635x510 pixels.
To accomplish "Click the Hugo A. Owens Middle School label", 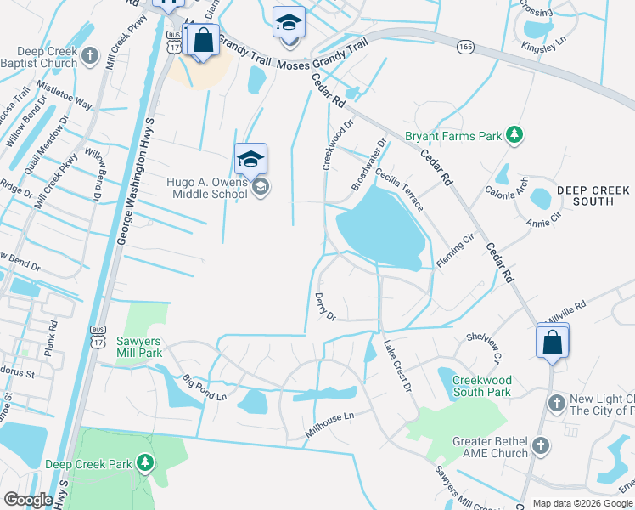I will coord(206,187).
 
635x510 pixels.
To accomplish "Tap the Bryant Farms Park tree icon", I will coord(513,134).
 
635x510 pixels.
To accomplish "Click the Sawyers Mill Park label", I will coord(138,347).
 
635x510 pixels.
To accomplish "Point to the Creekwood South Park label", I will coord(481,386).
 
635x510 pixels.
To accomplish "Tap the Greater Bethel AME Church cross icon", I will coord(539,445).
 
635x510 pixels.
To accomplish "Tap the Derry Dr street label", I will coord(325,305).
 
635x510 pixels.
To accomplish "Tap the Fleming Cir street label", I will coord(456,254).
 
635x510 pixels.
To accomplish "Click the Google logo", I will coord(29,500).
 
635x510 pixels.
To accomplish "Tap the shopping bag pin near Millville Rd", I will coord(552,343).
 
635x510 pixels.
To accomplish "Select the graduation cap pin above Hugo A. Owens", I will coord(250,159).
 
